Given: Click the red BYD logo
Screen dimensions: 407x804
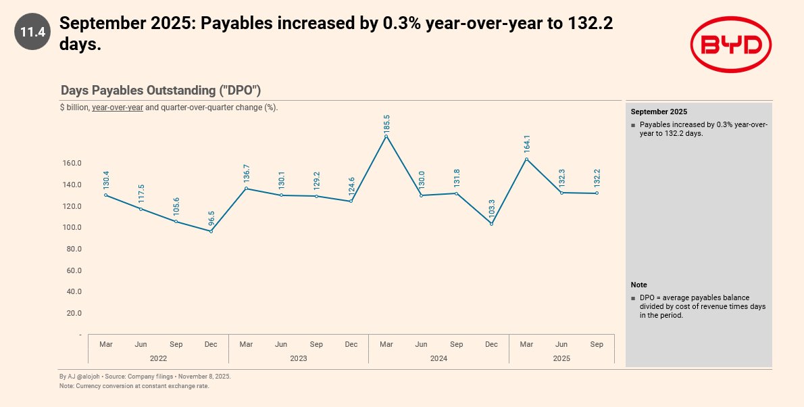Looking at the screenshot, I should point(730,45).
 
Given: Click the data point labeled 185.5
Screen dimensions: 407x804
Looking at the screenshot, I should point(386,137).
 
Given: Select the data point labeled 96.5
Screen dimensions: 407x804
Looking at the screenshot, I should point(211,231).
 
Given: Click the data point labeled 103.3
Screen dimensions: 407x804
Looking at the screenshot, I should point(491,224).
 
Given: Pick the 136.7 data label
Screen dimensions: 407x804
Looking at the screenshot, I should point(246,173).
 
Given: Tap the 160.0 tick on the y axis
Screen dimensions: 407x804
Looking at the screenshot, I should point(71,163).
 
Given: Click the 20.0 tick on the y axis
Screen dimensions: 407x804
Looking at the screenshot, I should point(73,313).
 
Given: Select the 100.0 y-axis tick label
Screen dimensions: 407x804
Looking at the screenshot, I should point(71,227).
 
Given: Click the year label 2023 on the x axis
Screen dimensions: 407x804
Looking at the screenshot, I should point(299,358).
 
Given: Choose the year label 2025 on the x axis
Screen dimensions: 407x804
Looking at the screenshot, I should point(561,358).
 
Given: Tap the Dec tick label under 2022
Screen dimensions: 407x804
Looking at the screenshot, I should point(211,344).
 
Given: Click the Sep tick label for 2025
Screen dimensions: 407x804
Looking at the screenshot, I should point(597,344).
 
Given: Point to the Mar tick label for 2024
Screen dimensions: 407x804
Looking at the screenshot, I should point(386,344).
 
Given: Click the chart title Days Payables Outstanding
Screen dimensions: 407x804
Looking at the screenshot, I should point(161,91).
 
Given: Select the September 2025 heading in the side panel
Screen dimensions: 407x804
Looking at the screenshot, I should point(659,112).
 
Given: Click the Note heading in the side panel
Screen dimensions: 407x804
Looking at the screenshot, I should point(638,285).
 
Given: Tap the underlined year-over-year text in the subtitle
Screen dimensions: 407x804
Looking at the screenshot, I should point(118,107).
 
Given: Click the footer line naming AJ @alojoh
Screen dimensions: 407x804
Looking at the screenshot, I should point(145,377).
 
